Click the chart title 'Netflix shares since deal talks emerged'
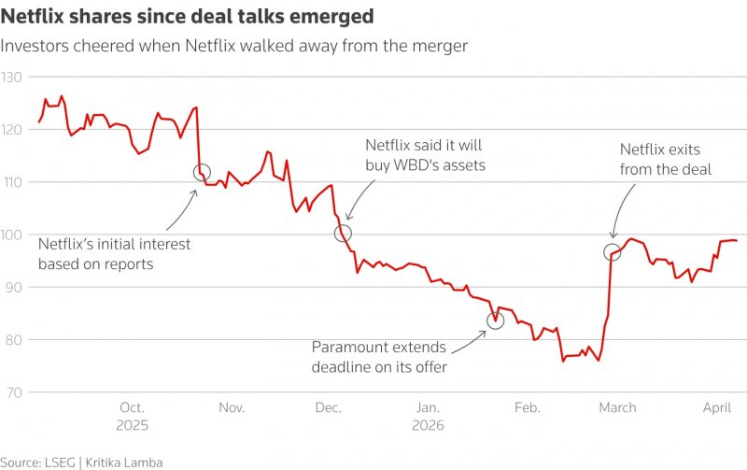click(x=187, y=17)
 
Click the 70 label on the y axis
click(x=13, y=392)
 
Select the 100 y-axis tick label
click(x=11, y=235)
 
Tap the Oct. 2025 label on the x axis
click(x=132, y=415)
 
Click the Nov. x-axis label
click(x=232, y=407)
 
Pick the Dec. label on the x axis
click(x=328, y=407)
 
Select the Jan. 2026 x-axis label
click(x=428, y=415)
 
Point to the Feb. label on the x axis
click(x=528, y=407)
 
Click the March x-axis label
click(x=617, y=407)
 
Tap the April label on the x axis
click(x=715, y=407)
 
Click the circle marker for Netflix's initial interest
click(x=202, y=172)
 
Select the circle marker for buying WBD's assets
click(x=343, y=234)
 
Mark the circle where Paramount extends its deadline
click(x=496, y=320)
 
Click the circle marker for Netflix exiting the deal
click(x=613, y=251)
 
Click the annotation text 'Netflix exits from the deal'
click(x=666, y=159)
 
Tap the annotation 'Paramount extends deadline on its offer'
click(x=379, y=357)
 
